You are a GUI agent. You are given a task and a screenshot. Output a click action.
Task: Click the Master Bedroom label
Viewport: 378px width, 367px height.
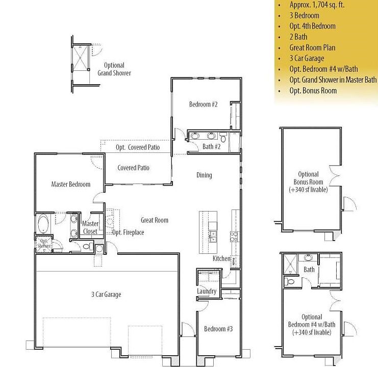coord(70,184)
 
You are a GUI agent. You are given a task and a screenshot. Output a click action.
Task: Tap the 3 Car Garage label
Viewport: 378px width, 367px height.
coord(106,294)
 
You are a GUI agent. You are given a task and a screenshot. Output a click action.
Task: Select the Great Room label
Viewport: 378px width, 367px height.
coord(154,220)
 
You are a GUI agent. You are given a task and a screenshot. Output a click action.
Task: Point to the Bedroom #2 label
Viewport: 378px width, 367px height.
coord(204,104)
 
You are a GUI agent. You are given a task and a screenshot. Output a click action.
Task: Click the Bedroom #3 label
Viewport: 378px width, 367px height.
coord(218,329)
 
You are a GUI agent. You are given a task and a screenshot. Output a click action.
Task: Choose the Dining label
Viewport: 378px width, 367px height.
coord(204,175)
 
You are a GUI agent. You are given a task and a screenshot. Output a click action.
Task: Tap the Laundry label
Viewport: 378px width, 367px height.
coord(207,292)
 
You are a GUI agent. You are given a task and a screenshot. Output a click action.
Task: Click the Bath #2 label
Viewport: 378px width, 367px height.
coord(211,147)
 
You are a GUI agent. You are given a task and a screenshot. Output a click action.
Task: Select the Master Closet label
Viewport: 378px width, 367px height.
coord(90,227)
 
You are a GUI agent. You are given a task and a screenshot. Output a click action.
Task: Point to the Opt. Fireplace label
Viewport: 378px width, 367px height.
coord(128,232)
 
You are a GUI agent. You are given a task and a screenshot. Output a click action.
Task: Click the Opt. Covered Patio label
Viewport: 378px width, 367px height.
coord(137,147)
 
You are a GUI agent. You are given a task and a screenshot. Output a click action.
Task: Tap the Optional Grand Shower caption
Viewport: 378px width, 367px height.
coord(114,69)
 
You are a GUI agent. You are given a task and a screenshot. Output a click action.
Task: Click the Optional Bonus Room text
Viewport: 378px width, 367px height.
coord(308,182)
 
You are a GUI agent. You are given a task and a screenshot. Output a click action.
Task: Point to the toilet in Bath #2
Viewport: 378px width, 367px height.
coord(223,137)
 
